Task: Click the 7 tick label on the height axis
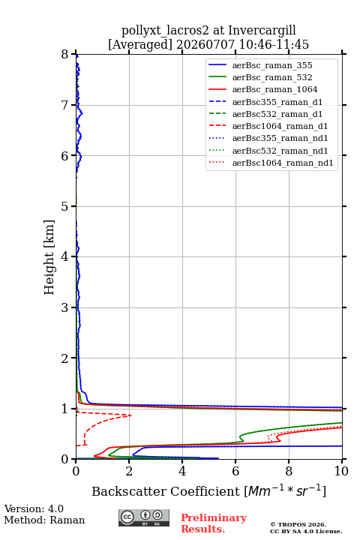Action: pos(65,105)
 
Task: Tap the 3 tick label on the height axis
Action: pos(65,307)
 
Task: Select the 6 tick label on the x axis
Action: pos(235,471)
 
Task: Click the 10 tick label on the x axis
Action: pos(341,471)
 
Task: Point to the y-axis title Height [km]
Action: pos(49,257)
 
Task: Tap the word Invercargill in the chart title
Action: pos(262,31)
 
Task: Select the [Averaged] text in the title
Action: pos(139,45)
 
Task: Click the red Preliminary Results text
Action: pos(214,523)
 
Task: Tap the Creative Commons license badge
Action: pos(144,517)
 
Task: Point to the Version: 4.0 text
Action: pos(34,508)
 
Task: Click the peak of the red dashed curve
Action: pos(131,415)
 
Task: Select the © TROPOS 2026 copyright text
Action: pos(298,524)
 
